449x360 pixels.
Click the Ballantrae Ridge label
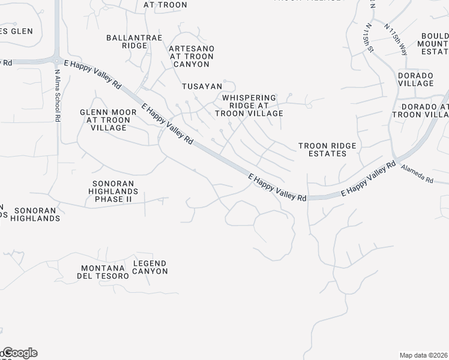[x=127, y=41]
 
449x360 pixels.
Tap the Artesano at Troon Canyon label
[x=191, y=56]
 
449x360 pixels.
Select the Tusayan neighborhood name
[x=202, y=86]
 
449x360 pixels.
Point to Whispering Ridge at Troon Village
[x=249, y=105]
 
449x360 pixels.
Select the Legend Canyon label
[x=149, y=267]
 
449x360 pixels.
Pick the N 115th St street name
[x=367, y=38]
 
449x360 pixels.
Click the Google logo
[x=19, y=353]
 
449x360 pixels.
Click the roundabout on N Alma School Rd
[x=57, y=60]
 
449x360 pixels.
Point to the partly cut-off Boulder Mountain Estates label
[x=435, y=44]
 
